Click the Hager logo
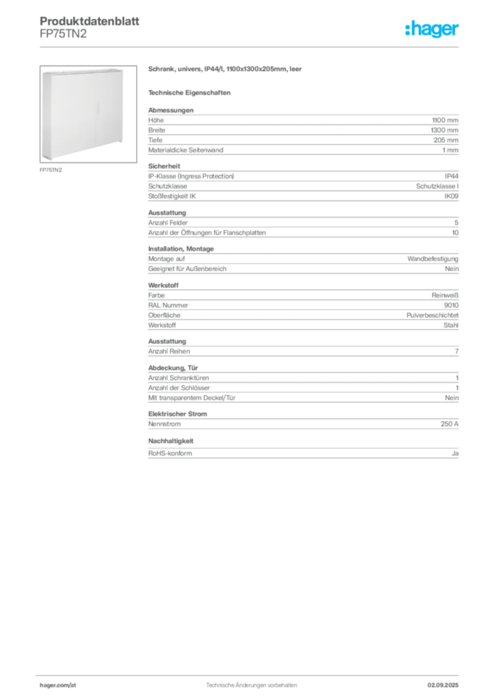coord(432,29)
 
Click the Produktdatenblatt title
coord(89,21)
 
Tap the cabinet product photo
coord(88,114)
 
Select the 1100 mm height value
coord(445,120)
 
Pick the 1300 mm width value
coord(445,130)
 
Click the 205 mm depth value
coord(446,140)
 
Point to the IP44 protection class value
coord(451,176)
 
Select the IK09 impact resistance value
coord(451,196)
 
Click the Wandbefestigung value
coord(433,259)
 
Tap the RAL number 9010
coord(451,305)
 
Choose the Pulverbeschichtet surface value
coord(432,315)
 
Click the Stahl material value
coord(451,326)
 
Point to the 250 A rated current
coord(450,424)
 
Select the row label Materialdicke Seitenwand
coord(186,150)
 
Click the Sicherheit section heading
coord(164,167)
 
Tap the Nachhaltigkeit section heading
coord(171,441)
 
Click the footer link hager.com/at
coord(58,685)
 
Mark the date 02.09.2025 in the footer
coord(443,685)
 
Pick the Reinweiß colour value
coord(445,295)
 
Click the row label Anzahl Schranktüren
coord(179,378)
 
